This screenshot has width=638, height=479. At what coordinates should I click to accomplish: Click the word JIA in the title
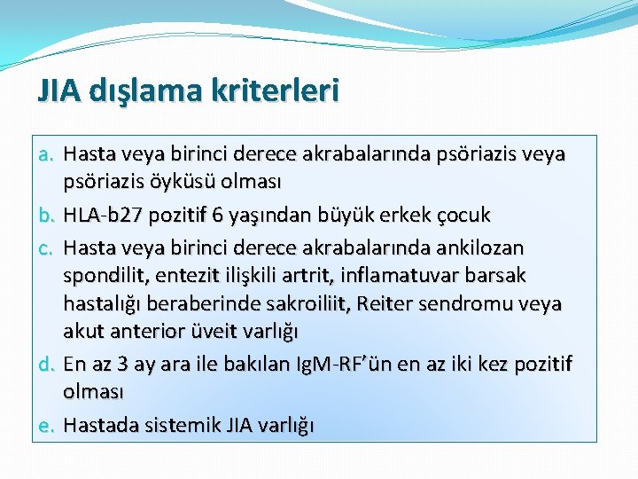coord(58,90)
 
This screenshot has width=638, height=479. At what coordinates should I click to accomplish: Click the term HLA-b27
coord(104,216)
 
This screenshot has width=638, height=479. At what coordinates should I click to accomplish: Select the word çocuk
coord(462,216)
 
